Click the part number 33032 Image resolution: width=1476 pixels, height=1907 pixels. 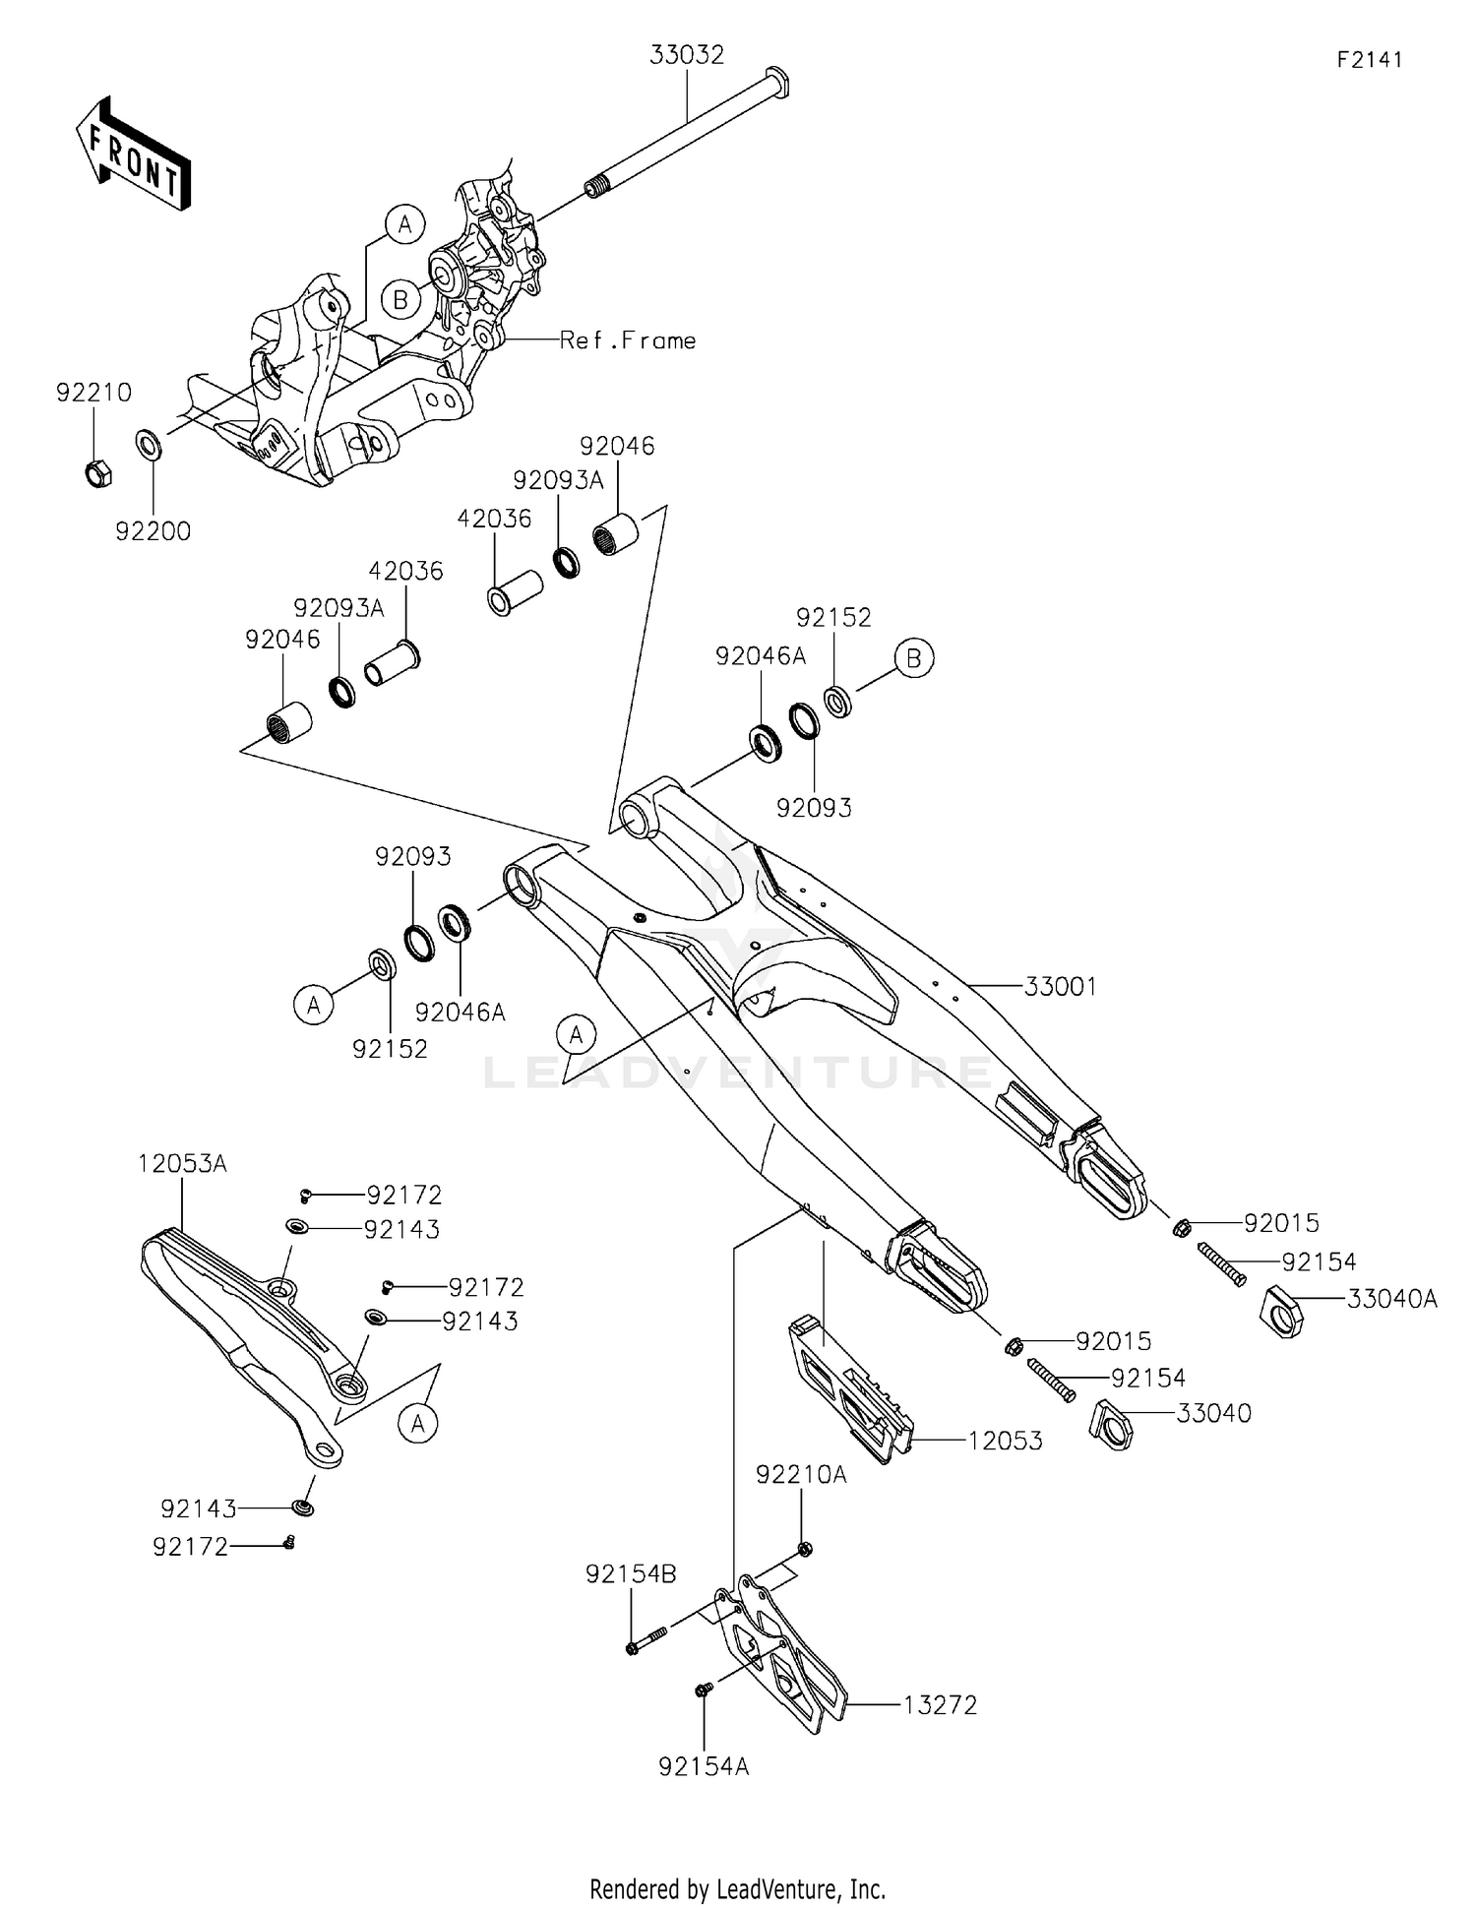(x=686, y=55)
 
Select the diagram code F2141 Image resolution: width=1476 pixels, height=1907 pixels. (x=1369, y=59)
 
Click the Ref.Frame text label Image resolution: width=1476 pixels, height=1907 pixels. (x=627, y=340)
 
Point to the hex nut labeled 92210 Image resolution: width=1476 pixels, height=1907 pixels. (x=95, y=473)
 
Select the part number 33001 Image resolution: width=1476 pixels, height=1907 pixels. (x=1060, y=986)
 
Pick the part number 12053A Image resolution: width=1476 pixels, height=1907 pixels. (x=182, y=1163)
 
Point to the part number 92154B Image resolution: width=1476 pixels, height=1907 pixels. (x=631, y=1573)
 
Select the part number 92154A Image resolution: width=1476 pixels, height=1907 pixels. (x=704, y=1766)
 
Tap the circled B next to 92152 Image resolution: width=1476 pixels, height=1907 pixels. (x=913, y=657)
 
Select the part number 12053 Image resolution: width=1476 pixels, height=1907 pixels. (x=1005, y=1441)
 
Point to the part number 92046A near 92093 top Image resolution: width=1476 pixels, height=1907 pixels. (x=760, y=656)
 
